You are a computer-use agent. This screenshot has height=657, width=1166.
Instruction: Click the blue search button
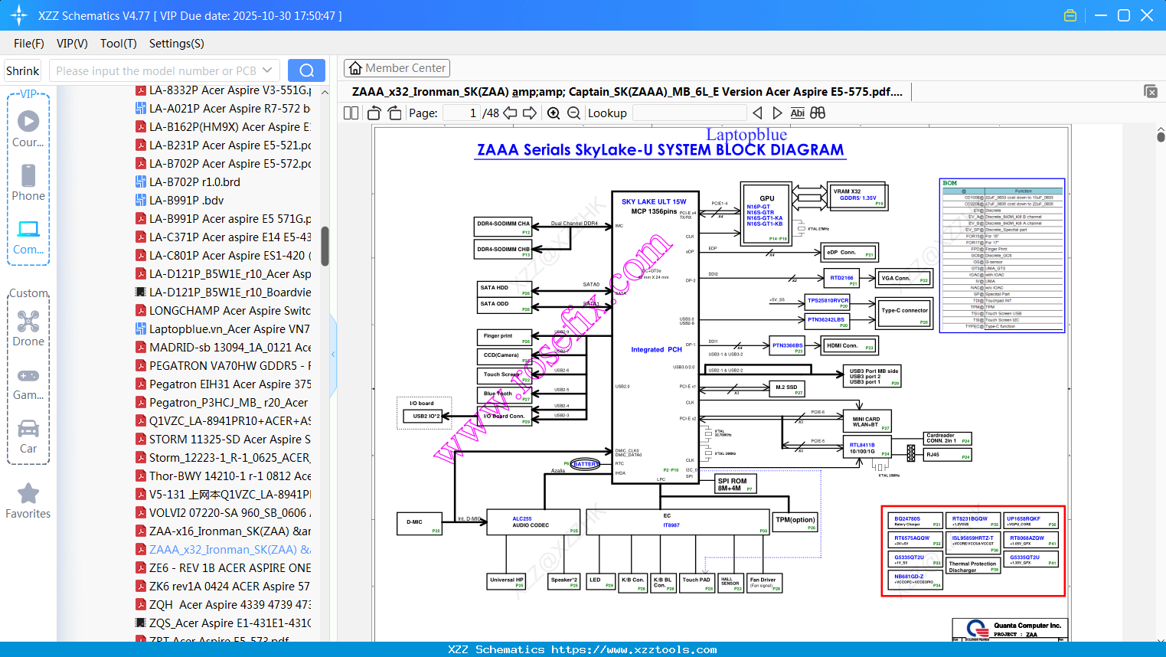click(x=306, y=70)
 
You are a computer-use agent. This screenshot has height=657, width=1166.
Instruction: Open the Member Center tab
click(x=397, y=68)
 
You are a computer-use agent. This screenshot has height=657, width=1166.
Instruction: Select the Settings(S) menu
click(x=176, y=44)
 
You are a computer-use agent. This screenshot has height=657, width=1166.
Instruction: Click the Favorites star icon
click(x=28, y=494)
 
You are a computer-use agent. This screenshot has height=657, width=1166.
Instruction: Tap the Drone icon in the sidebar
click(x=28, y=322)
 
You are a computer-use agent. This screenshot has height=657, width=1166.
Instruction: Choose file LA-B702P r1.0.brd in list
click(x=194, y=182)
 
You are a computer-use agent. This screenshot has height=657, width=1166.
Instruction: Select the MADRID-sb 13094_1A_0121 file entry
click(x=230, y=348)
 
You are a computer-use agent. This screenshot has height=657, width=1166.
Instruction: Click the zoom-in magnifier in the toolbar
click(x=554, y=113)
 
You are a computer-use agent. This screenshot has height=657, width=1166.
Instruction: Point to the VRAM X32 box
click(x=857, y=196)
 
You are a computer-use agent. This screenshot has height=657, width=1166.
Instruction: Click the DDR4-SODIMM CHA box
click(x=503, y=226)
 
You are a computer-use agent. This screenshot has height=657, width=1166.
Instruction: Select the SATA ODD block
click(x=504, y=306)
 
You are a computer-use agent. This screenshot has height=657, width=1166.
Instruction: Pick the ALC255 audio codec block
click(x=533, y=522)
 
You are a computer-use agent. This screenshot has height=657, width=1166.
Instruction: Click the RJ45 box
click(x=946, y=455)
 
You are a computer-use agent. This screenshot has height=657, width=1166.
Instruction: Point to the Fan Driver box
click(x=764, y=583)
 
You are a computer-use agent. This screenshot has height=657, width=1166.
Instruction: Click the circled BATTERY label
click(x=586, y=464)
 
